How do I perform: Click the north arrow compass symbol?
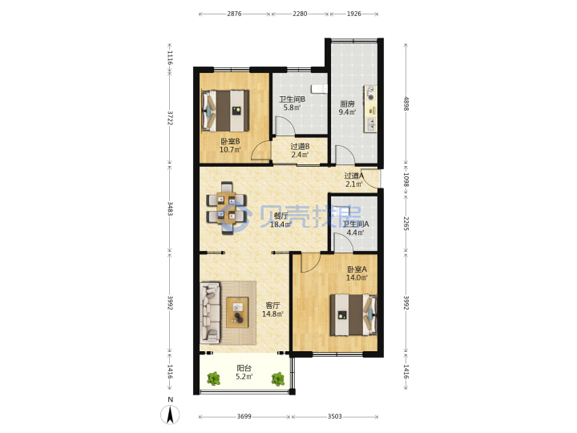pyautogui.click(x=170, y=415)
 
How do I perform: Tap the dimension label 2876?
pyautogui.click(x=234, y=14)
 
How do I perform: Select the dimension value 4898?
pyautogui.click(x=406, y=103)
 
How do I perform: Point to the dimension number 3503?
pyautogui.click(x=334, y=416)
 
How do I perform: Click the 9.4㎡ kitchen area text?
pyautogui.click(x=347, y=112)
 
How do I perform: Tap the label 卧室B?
pyautogui.click(x=230, y=141)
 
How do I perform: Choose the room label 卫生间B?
pyautogui.click(x=292, y=99)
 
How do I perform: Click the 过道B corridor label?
pyautogui.click(x=300, y=147)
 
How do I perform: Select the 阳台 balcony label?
pyautogui.click(x=244, y=368)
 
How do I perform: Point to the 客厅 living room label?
pyautogui.click(x=272, y=306)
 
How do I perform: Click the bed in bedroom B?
pyautogui.click(x=225, y=111)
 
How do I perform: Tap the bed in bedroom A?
pyautogui.click(x=353, y=315)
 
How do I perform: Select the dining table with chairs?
pyautogui.click(x=226, y=208)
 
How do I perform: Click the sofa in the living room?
pyautogui.click(x=210, y=313)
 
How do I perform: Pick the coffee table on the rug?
pyautogui.click(x=237, y=312)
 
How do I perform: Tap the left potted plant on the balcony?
pyautogui.click(x=213, y=378)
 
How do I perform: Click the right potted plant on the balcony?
pyautogui.click(x=278, y=378)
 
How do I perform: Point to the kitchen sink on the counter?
pyautogui.click(x=370, y=125)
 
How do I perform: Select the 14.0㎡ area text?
pyautogui.click(x=357, y=277)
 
